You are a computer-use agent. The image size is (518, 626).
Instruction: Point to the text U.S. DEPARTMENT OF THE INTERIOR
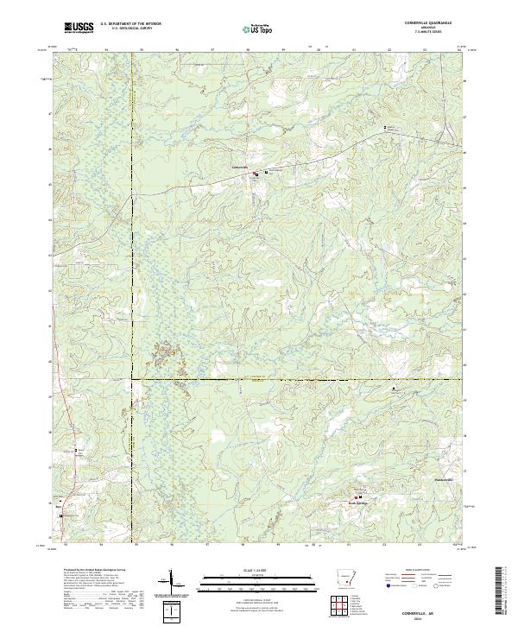[130, 21]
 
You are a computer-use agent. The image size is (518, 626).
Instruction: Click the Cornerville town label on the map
[241, 167]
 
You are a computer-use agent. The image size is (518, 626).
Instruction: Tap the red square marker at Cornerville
[255, 174]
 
